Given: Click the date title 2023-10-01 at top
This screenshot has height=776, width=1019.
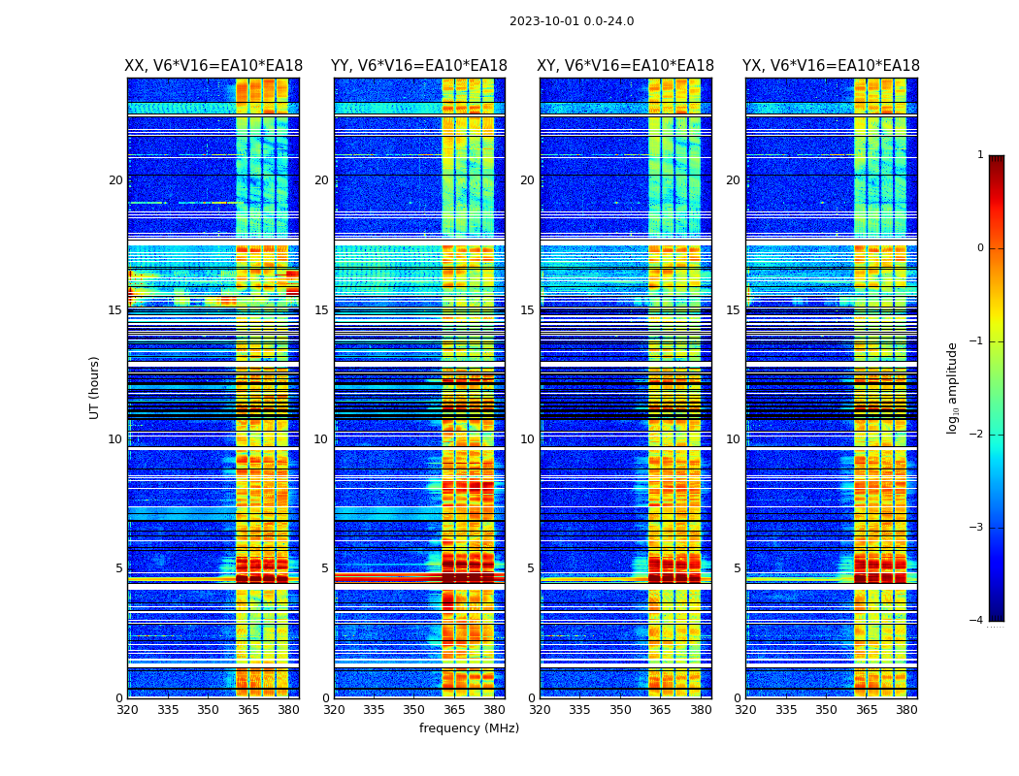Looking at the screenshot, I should tap(571, 21).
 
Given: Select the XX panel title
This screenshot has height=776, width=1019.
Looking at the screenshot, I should tap(214, 66).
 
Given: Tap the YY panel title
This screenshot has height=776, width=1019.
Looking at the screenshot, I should tap(419, 66).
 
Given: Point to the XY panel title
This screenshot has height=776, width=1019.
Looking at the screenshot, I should tap(626, 66).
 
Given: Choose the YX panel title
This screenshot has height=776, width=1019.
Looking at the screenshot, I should tap(831, 66).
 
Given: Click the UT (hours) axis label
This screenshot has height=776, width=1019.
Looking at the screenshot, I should tap(95, 387).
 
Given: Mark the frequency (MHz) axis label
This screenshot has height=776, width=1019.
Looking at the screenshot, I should tap(469, 728).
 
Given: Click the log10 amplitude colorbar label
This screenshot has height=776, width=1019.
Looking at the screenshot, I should tap(953, 387).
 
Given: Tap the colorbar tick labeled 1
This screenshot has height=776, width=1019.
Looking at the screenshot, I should tap(980, 155).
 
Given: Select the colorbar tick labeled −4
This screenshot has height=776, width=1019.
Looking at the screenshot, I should tap(977, 621).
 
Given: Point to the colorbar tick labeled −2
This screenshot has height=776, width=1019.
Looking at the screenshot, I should tap(977, 435).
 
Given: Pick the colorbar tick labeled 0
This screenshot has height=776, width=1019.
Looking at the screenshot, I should tap(980, 248).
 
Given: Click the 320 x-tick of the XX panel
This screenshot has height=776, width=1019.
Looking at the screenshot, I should tap(127, 710).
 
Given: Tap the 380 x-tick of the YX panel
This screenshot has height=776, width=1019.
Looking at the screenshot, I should tap(906, 710).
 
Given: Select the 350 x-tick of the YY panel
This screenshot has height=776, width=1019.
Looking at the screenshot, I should tap(414, 710).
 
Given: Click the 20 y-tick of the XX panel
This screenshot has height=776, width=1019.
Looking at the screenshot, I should tap(115, 180).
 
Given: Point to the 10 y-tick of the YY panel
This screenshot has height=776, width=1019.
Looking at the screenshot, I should tap(321, 439).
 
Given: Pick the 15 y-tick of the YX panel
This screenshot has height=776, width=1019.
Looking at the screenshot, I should tap(734, 310).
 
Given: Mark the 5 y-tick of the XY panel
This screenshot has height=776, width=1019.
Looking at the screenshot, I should tap(531, 568).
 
